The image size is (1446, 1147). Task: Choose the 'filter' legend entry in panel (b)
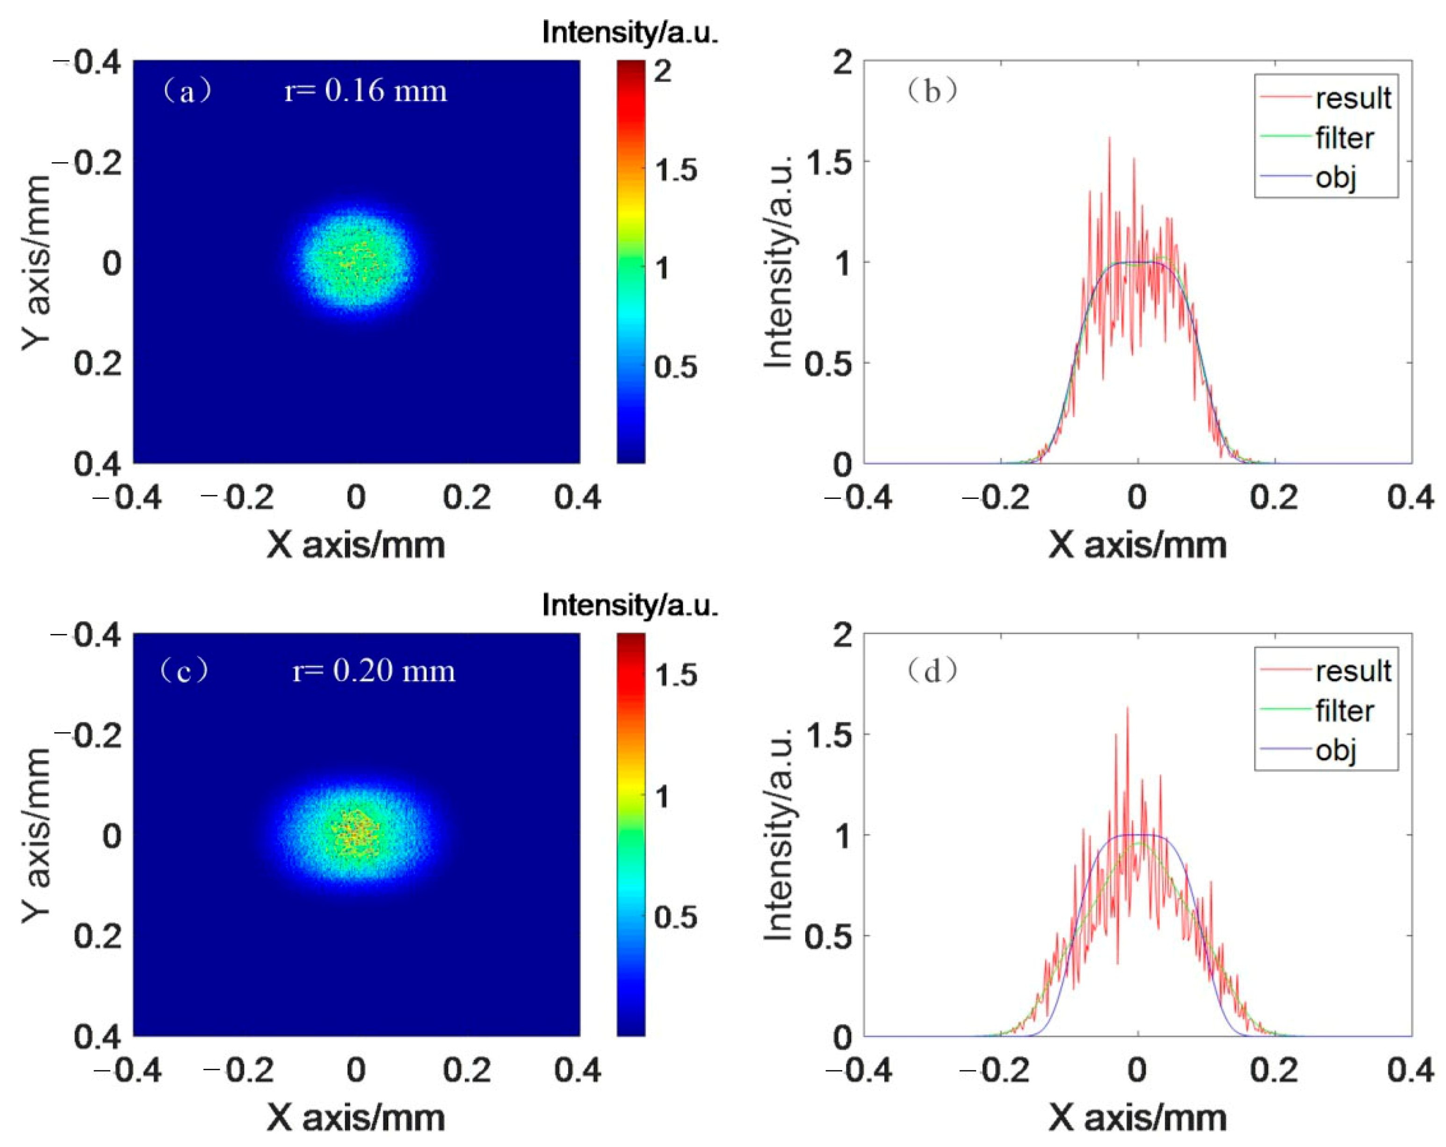(1344, 138)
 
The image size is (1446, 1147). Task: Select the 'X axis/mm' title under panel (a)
(355, 545)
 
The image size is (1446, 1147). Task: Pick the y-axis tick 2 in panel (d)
(842, 635)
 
